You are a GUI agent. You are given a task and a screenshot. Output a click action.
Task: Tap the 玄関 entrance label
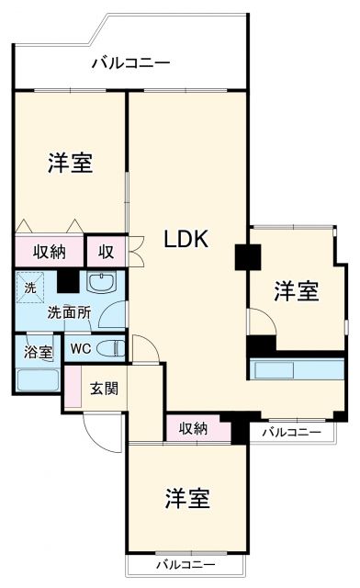[x=103, y=388]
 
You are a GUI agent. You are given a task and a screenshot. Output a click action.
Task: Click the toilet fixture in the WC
[x=111, y=347]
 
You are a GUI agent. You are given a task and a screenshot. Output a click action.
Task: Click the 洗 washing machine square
[x=29, y=287]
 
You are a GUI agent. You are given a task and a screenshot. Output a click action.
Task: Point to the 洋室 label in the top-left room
[x=70, y=163]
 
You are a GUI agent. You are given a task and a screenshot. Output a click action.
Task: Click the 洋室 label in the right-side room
[x=297, y=291]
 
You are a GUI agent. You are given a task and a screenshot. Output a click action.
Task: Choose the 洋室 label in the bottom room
[x=187, y=499]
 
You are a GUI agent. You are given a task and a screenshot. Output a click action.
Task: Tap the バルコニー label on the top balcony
[x=130, y=63]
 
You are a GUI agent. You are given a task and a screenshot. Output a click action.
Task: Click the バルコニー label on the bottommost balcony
[x=185, y=563]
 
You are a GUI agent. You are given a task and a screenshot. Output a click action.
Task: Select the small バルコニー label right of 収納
[x=291, y=430]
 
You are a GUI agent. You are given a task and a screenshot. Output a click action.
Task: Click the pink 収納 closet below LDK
[x=193, y=427]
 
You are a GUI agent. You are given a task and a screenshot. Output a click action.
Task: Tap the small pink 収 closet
[x=107, y=250]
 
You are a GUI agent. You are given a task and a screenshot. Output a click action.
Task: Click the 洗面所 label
[x=69, y=311]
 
